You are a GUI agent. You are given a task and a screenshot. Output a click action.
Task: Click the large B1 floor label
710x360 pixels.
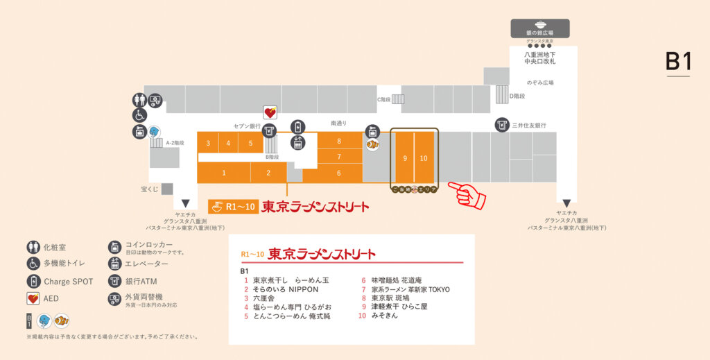[x=678, y=62]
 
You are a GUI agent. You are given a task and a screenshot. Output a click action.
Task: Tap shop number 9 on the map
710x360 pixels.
[x=405, y=158]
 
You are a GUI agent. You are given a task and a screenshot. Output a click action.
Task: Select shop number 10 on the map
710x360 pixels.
[x=424, y=158]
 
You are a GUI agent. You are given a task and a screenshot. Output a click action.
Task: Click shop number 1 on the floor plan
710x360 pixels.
[x=224, y=173]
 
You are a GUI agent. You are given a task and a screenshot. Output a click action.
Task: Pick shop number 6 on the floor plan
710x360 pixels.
[x=339, y=173]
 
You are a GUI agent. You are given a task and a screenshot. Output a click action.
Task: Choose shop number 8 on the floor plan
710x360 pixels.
[x=339, y=141]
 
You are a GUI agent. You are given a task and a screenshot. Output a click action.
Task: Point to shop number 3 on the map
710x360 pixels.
[x=208, y=144]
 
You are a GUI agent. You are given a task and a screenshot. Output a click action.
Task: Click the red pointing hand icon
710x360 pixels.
[x=467, y=194]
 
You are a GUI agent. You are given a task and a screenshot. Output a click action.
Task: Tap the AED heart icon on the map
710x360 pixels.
[x=270, y=112]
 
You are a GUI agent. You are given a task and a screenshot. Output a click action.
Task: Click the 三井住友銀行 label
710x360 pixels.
[x=530, y=126]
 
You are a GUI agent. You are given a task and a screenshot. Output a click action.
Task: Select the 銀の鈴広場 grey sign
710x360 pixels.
[x=540, y=28]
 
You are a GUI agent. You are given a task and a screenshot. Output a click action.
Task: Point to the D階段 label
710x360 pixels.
[x=519, y=96]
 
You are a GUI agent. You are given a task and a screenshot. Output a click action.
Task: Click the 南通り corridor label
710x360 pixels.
[x=338, y=123]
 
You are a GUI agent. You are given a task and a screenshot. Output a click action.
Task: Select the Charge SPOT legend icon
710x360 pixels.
[x=33, y=282]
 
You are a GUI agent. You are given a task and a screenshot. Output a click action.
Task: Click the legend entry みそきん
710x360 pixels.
[x=385, y=316]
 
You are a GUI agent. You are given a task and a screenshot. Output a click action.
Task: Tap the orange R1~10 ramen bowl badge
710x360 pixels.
[x=232, y=207]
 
